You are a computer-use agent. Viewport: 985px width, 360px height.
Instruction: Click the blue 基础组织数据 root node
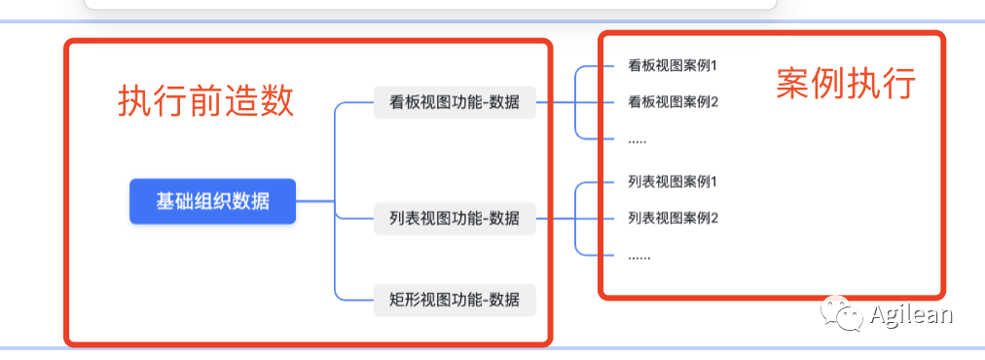pos(212,201)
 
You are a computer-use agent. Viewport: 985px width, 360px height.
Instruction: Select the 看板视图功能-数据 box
pos(455,102)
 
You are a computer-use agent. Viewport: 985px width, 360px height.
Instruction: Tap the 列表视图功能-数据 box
pos(455,219)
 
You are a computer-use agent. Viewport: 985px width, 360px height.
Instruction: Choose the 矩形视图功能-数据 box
pos(455,300)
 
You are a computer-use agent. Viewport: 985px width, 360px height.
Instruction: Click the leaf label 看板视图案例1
pos(673,65)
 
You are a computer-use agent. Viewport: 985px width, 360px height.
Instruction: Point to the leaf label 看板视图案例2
pos(673,102)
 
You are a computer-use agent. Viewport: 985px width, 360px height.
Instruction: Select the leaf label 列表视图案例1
pos(673,182)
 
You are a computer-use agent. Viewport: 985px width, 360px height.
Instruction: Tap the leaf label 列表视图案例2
pos(673,219)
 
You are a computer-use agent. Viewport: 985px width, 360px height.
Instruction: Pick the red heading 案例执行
pos(846,83)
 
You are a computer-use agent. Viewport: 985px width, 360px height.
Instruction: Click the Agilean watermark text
pos(911,314)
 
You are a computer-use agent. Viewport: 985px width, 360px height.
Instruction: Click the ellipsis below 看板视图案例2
pos(637,141)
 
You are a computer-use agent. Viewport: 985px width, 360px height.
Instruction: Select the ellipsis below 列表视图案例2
pos(638,258)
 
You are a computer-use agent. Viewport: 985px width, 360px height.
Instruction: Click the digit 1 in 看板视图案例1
pos(713,65)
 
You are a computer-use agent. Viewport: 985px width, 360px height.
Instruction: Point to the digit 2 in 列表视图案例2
pos(713,219)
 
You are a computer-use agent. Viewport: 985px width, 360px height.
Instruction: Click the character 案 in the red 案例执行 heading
pos(793,83)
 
